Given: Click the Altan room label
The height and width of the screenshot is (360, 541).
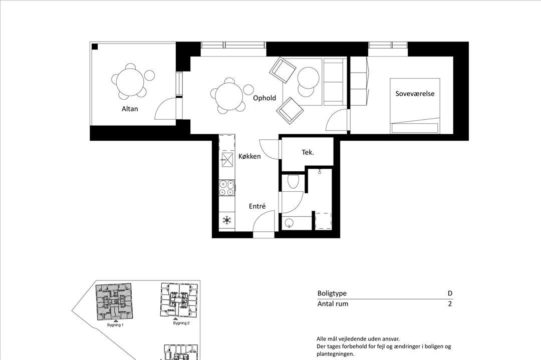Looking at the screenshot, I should (x=129, y=109).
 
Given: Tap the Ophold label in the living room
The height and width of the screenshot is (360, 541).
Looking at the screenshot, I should (x=264, y=98).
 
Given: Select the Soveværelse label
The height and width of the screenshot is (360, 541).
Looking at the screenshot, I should (x=415, y=94).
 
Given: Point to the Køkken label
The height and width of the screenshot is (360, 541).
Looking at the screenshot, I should (x=249, y=157).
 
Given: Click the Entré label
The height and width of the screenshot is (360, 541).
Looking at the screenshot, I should (x=257, y=206).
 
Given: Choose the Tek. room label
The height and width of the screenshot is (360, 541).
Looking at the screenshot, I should (x=308, y=152).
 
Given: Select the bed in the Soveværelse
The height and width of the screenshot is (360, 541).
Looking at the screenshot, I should (x=415, y=106).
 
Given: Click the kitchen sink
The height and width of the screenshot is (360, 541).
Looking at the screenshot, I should (x=227, y=160).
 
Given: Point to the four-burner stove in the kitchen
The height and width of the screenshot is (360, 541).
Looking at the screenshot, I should (x=227, y=188).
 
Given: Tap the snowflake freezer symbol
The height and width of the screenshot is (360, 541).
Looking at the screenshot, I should (x=227, y=220).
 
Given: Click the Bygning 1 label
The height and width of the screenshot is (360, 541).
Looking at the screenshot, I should (x=115, y=325).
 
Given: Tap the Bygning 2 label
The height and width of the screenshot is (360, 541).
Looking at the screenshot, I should (x=181, y=323).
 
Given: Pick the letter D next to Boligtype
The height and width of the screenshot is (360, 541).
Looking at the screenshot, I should (x=450, y=294).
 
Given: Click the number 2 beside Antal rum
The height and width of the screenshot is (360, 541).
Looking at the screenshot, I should (x=450, y=304).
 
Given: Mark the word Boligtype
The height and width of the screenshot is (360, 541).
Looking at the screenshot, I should (x=332, y=294).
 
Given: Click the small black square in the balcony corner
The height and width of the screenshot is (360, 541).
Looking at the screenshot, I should (x=95, y=47).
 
